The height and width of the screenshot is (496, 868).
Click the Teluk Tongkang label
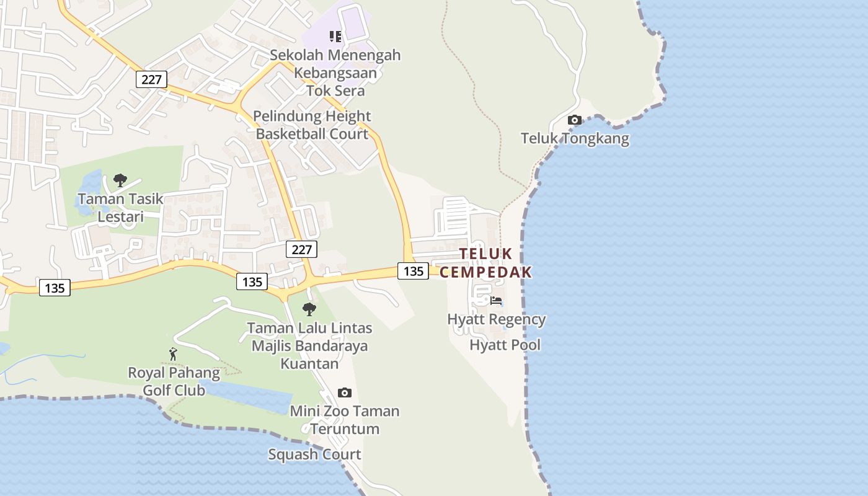tap(575, 138)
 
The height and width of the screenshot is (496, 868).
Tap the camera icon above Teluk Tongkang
tap(575, 120)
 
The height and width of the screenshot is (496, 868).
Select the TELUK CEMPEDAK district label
tap(486, 263)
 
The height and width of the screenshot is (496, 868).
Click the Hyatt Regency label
tap(497, 319)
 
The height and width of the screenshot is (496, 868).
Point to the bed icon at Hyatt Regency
tap(496, 301)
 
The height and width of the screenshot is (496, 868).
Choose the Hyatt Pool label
tap(505, 345)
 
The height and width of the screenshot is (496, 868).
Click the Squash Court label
tap(314, 454)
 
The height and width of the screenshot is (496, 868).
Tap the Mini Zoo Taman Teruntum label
tap(345, 420)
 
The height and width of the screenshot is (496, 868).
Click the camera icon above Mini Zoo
tap(345, 392)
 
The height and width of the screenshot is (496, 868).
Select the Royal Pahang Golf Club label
tap(174, 381)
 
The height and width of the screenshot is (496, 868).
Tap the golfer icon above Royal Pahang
tap(173, 354)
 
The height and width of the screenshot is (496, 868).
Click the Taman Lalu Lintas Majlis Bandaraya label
tap(309, 345)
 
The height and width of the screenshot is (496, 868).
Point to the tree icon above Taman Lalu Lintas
tap(309, 309)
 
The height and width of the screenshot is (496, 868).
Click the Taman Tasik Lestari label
tap(120, 208)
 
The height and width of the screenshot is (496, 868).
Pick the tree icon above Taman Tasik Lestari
tap(120, 180)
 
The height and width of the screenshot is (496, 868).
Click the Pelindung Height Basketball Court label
tap(312, 125)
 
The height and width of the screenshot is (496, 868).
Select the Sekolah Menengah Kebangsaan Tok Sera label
tap(335, 73)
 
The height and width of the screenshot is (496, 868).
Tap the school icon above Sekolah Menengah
tap(335, 37)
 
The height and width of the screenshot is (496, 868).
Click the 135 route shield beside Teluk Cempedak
tap(413, 271)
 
